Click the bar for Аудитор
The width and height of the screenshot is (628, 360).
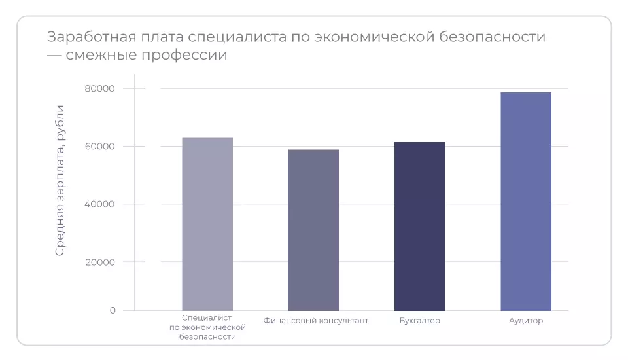[x=526, y=202]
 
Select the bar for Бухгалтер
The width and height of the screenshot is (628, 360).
[x=419, y=226]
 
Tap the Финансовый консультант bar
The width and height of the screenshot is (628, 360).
[x=313, y=230]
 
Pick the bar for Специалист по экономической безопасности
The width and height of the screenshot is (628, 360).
[x=207, y=224]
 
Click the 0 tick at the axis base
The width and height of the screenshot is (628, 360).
[x=113, y=310]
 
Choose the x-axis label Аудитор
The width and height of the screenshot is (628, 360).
[x=526, y=321]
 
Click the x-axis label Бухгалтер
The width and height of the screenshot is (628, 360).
[x=419, y=321]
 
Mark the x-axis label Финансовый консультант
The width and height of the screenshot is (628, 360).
[x=316, y=321]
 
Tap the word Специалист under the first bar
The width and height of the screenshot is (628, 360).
[x=207, y=317]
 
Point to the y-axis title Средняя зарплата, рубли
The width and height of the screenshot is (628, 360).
[x=60, y=180]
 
